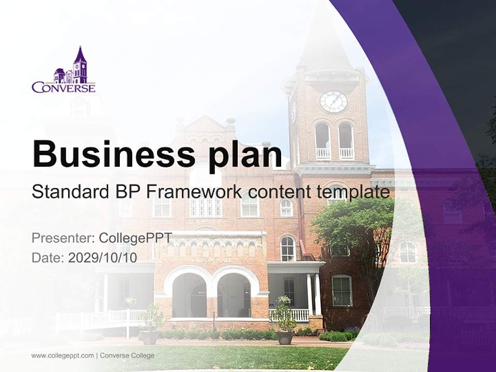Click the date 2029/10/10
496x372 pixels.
coord(103,258)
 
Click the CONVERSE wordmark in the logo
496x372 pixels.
coord(64,88)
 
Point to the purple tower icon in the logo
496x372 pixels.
coord(80,66)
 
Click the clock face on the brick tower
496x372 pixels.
coord(333,101)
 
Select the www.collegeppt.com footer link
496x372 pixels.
coord(63,355)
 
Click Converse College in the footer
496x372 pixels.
coord(127,355)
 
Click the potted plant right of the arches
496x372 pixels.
coord(283,320)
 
